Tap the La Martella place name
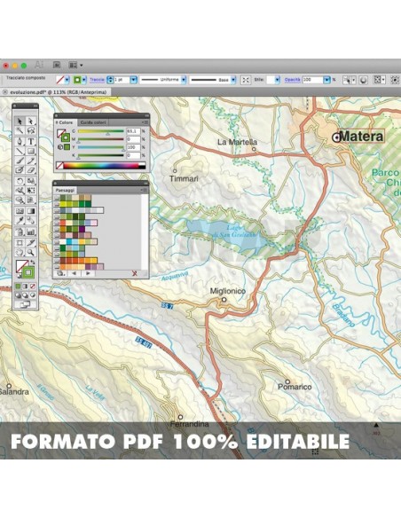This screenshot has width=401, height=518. click(x=237, y=142)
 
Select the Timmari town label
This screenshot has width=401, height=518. click(x=184, y=177)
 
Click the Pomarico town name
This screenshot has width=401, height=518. click(x=294, y=386)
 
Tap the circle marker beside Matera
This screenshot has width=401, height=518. click(x=336, y=137)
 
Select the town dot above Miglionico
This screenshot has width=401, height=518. click(x=224, y=300)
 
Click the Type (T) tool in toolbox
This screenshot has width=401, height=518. click(x=31, y=141)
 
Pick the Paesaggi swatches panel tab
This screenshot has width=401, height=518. click(x=67, y=190)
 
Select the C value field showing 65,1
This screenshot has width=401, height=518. click(x=132, y=130)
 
